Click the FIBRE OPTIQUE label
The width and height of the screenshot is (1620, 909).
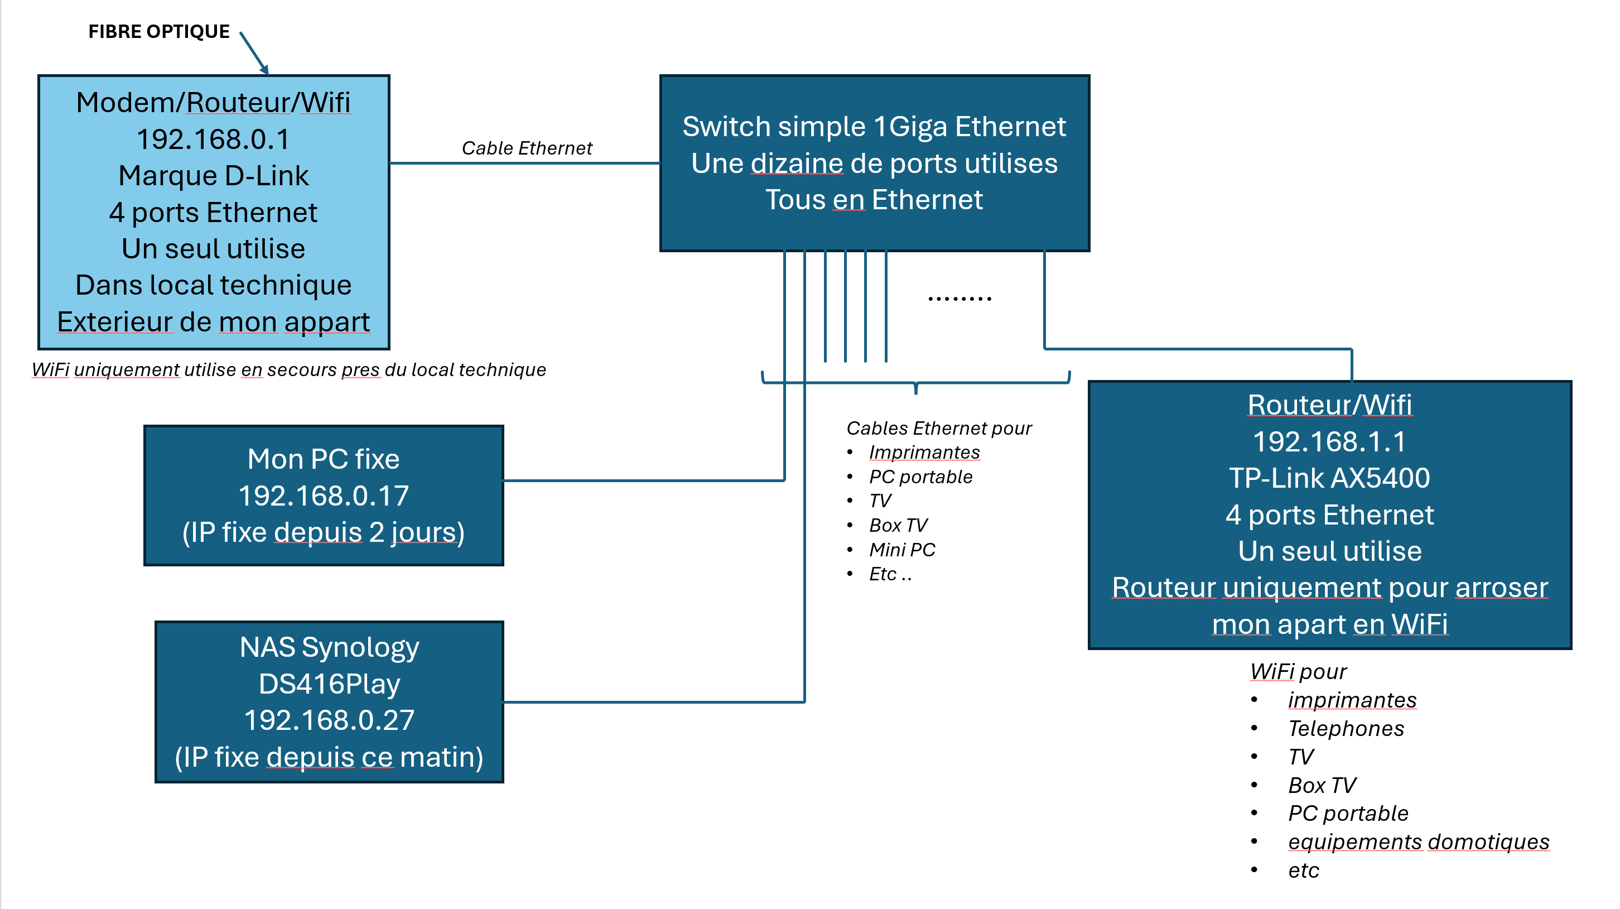coord(158,31)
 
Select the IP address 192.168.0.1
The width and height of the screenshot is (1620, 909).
coord(213,139)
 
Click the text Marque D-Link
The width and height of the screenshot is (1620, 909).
coord(213,176)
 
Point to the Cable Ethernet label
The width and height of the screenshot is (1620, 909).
coord(527,148)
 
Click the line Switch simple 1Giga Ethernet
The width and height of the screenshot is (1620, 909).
coord(874,127)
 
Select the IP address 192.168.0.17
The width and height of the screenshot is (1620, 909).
coord(323,496)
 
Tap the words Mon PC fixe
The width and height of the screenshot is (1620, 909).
coord(323,459)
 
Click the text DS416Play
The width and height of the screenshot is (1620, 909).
coord(329,684)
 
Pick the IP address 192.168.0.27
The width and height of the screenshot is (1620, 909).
coord(329,720)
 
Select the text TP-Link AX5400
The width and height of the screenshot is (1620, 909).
coord(1329,478)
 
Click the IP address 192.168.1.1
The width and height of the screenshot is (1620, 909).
coord(1329,441)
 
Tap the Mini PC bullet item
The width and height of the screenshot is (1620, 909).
coord(902,550)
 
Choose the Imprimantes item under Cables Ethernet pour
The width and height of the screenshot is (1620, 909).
coord(924,453)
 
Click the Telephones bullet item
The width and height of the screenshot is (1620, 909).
coord(1345,728)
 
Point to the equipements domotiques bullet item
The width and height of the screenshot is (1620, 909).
coord(1418,841)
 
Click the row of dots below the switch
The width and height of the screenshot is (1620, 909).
coord(959,298)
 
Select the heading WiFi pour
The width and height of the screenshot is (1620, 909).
coord(1298,672)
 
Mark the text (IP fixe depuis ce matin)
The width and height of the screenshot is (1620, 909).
coord(329,757)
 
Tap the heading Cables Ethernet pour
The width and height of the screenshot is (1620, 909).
coord(938,429)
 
